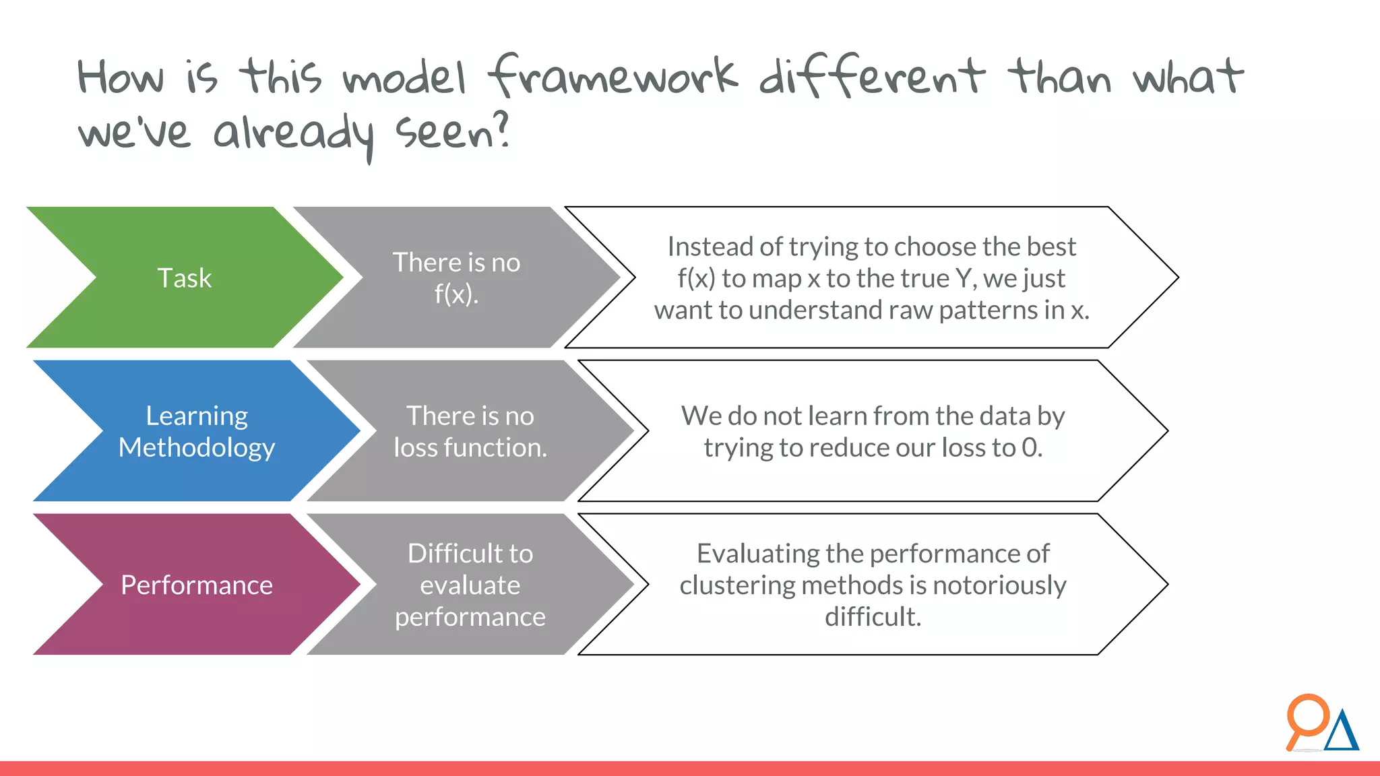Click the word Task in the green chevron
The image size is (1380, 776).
(x=184, y=278)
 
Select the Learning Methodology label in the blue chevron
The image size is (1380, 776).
(x=197, y=431)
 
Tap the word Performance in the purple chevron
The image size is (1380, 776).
(x=197, y=585)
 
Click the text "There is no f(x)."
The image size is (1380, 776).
(x=456, y=278)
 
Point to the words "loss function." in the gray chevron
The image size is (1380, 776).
(x=470, y=447)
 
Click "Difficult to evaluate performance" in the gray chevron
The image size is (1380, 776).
(x=470, y=585)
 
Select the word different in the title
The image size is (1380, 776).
(x=872, y=75)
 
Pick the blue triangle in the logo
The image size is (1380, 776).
(x=1342, y=733)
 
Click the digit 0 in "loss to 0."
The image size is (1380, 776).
(x=1029, y=447)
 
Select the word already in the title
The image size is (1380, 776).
(x=293, y=133)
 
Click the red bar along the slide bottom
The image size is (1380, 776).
(x=690, y=769)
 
